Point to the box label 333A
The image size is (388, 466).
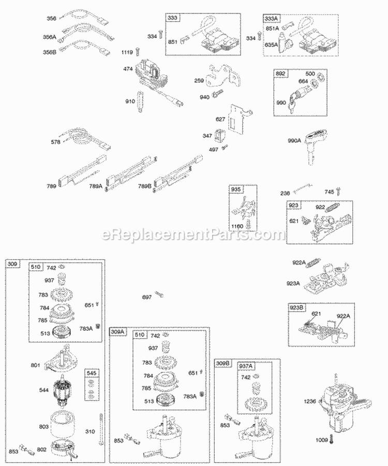coord(271,18)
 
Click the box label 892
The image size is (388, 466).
coord(280,74)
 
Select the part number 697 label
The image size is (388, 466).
coord(147,297)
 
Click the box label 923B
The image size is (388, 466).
coord(297,308)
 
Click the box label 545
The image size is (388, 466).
coord(91,373)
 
